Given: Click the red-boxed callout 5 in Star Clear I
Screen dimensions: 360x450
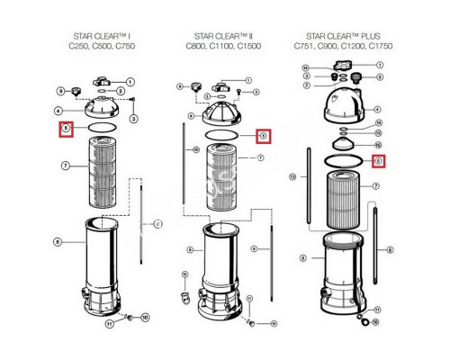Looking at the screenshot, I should (66, 130).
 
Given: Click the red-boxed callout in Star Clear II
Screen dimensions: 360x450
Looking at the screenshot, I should (263, 136).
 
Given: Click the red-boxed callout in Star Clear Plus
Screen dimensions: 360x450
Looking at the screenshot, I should (379, 160).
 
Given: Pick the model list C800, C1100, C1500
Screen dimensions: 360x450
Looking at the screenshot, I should (222, 46).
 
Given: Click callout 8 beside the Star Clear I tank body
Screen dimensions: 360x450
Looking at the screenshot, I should (58, 241).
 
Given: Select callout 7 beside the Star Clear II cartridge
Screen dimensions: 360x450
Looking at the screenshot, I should (260, 157).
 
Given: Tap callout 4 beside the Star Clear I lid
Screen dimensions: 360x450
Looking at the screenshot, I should (58, 111).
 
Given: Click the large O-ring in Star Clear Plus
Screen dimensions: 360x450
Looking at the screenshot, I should (340, 160).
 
